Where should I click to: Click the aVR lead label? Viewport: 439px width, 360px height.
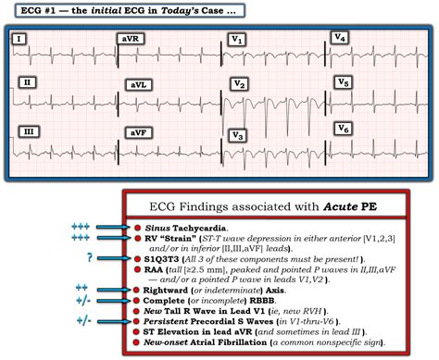131,39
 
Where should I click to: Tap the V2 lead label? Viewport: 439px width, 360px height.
239,84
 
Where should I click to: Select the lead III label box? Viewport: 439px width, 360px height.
29,131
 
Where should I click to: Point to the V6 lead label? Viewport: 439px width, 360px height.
344,129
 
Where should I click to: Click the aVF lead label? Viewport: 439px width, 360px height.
138,133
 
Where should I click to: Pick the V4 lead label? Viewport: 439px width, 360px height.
340,38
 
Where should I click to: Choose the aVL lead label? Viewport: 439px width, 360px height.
139,85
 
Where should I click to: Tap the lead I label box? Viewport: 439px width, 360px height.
19,39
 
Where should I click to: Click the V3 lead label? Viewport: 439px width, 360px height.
237,136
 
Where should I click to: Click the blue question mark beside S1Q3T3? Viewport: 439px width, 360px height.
90,257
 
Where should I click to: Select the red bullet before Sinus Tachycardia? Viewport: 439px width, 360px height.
137,228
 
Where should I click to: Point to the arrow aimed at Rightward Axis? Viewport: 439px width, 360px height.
114,290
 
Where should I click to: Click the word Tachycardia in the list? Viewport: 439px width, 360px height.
199,229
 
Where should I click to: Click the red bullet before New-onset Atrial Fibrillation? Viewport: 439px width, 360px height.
136,342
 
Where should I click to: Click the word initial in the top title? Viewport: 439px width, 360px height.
106,11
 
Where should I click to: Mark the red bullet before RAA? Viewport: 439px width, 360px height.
137,269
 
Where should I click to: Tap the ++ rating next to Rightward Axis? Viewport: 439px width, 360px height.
82,288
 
